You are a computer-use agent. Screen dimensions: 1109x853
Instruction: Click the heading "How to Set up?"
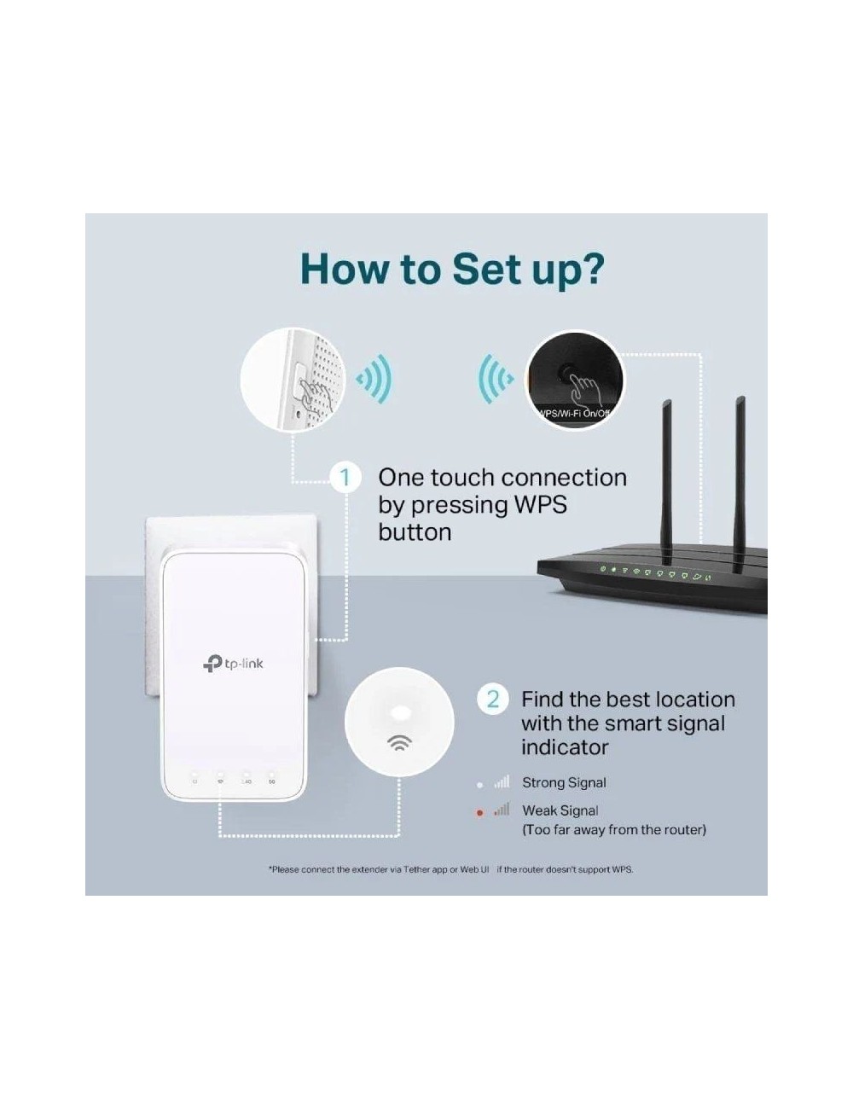coord(452,268)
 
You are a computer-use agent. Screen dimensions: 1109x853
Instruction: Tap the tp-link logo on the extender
coord(233,663)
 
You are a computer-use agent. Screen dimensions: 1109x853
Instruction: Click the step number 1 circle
coord(345,477)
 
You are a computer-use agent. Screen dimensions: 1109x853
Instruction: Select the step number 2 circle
coord(492,700)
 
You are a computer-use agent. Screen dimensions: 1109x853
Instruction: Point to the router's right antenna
coord(740,469)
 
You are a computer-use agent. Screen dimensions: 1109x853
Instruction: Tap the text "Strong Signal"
coord(564,782)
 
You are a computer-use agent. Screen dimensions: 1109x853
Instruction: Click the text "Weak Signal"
coord(560,810)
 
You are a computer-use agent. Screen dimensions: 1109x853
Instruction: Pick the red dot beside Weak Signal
coord(480,813)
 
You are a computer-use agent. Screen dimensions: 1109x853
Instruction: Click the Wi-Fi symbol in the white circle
coord(398,741)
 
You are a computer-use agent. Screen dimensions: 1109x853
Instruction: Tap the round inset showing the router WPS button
coord(575,380)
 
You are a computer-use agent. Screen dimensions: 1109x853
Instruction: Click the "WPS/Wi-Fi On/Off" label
coord(575,414)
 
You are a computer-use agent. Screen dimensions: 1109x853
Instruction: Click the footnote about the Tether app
coord(451,869)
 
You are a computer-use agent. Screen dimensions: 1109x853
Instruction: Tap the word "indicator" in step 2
coord(565,747)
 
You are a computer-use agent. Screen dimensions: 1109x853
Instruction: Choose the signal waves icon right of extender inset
coord(374,378)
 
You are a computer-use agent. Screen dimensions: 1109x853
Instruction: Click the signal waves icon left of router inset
coord(495,378)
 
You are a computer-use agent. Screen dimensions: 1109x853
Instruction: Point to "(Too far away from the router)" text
coord(613,829)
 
